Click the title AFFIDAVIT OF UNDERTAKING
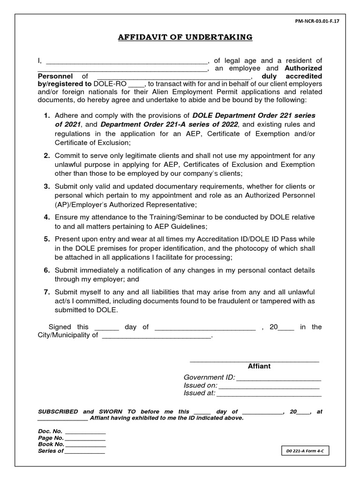pyautogui.click(x=185, y=37)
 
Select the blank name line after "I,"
pyautogui.click(x=127, y=61)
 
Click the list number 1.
pyautogui.click(x=46, y=116)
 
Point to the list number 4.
pyautogui.click(x=46, y=217)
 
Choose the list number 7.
pyautogui.click(x=46, y=292)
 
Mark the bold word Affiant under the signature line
pyautogui.click(x=259, y=366)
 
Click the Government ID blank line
pyautogui.click(x=278, y=378)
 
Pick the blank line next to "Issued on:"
pyautogui.click(x=269, y=386)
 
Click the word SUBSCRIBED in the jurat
pyautogui.click(x=58, y=412)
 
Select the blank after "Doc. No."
pyautogui.click(x=85, y=431)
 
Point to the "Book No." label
pyautogui.click(x=51, y=444)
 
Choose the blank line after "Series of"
pyautogui.click(x=85, y=451)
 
